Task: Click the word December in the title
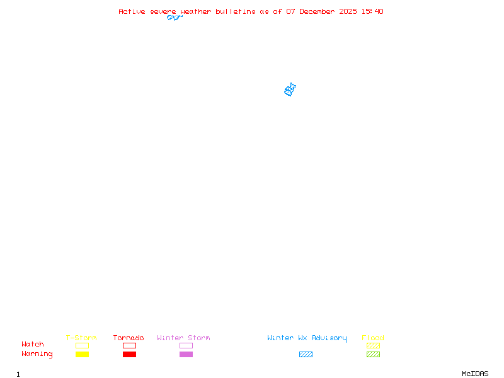coord(317,11)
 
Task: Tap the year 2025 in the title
coord(348,11)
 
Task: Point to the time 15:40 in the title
coord(372,11)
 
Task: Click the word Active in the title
coord(132,11)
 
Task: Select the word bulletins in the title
coord(235,11)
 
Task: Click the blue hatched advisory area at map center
coord(290,90)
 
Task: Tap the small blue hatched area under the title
coord(175,18)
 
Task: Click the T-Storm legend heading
coord(81,338)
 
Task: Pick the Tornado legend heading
coord(129,338)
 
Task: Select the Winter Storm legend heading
coord(183,338)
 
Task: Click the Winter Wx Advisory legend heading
coord(307,338)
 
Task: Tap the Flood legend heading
coord(373,338)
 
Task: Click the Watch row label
coord(33,344)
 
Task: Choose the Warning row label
coord(37,354)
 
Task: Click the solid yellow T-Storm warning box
coord(83,354)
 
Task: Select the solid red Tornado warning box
coord(130,354)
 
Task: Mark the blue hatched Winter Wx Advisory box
coord(306,354)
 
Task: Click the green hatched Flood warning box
coord(373,354)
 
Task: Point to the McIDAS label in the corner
coord(475,374)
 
